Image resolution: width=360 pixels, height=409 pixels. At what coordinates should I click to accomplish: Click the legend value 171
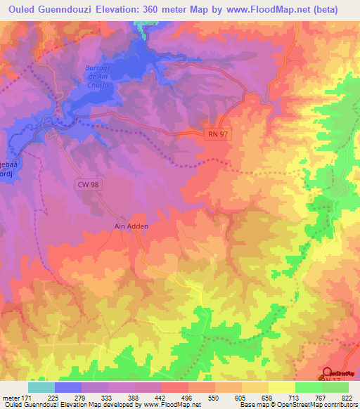[x=29, y=398]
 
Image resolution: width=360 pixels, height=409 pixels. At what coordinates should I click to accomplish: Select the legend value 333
[x=108, y=398]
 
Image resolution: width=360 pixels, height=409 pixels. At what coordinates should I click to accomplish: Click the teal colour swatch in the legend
[x=41, y=387]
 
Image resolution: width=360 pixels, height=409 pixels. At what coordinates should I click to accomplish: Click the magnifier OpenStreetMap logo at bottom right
[x=327, y=372]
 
